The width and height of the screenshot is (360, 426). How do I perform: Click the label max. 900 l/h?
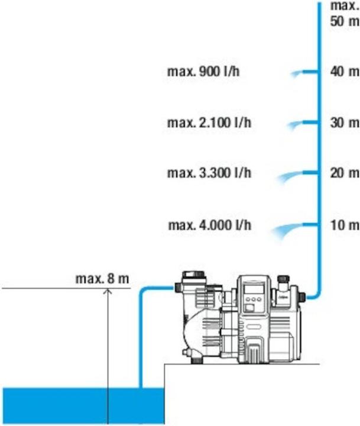coord(204,73)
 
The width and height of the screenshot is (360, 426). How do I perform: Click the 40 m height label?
coord(344,72)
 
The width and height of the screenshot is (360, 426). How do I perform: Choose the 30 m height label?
coord(344,123)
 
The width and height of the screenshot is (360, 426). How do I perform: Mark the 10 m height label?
coord(344,225)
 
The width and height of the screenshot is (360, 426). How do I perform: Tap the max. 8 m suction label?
coord(102,277)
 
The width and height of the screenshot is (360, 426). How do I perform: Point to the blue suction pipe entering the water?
coord(140,355)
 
